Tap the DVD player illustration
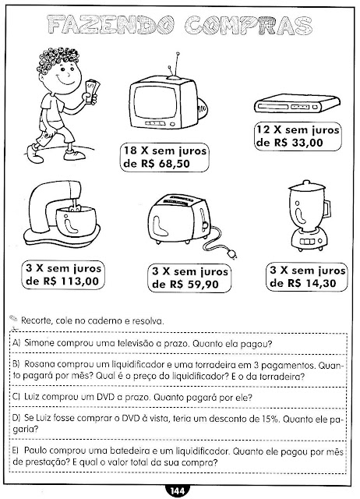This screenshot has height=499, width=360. click(x=297, y=103)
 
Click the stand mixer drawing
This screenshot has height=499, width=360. click(x=62, y=214)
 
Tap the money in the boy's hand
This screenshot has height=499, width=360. click(x=93, y=90)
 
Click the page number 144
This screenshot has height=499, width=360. click(x=177, y=491)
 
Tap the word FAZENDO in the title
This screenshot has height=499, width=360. click(x=111, y=25)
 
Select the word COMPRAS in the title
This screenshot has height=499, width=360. click(x=249, y=25)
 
